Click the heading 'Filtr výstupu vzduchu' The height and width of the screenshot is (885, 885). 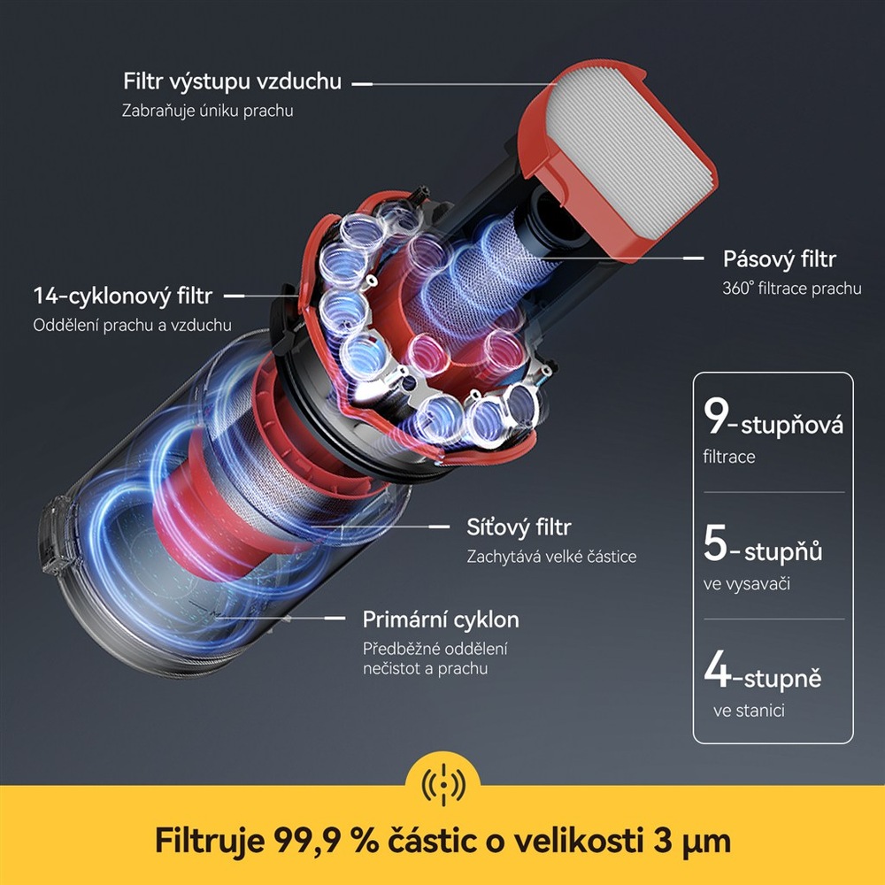tap(232, 82)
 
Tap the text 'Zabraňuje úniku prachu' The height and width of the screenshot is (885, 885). tap(207, 112)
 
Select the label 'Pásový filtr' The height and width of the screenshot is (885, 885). tap(779, 259)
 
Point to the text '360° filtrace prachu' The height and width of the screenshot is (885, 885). tap(791, 289)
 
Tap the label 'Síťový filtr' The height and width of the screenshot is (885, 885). tap(519, 527)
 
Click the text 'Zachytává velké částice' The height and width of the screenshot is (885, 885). tap(551, 557)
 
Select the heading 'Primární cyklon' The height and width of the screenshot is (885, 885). tap(441, 619)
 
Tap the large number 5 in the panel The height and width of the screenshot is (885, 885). tap(716, 544)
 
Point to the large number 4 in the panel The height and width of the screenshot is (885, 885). tap(717, 670)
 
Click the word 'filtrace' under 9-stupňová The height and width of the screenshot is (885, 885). tap(729, 458)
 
